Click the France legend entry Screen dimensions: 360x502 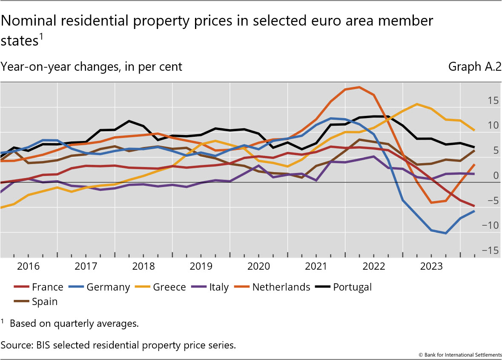click(47, 287)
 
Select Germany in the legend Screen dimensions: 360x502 click(108, 287)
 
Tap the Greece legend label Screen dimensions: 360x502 click(169, 287)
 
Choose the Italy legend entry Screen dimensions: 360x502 click(219, 287)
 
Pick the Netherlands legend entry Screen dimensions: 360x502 click(281, 287)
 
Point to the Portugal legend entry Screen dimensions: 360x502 click(352, 287)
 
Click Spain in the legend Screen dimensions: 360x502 click(44, 302)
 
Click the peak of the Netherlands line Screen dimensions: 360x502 click(359, 87)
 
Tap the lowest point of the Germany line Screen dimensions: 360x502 click(445, 233)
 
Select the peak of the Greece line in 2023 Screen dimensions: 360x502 click(416, 104)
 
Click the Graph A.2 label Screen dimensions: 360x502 click(474, 67)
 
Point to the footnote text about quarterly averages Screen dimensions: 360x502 click(74, 323)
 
